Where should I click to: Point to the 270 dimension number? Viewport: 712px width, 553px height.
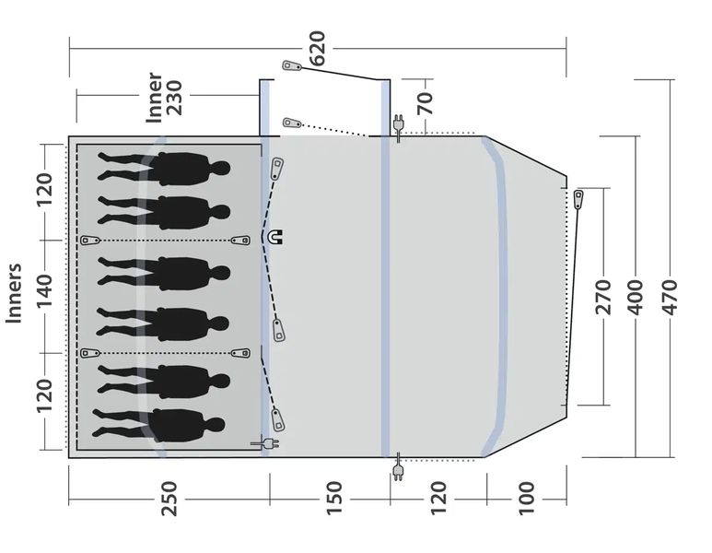[604, 297]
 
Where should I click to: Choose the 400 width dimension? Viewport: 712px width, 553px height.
[636, 297]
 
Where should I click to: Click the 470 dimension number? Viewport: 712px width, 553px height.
[670, 297]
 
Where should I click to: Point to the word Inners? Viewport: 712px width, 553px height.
[15, 294]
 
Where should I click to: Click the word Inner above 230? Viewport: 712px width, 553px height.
[155, 96]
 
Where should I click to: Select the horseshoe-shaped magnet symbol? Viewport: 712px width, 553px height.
[275, 237]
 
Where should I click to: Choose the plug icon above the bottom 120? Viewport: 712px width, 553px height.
[399, 469]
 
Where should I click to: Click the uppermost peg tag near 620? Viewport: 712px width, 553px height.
[292, 66]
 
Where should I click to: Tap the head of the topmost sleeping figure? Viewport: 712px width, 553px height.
[221, 169]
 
